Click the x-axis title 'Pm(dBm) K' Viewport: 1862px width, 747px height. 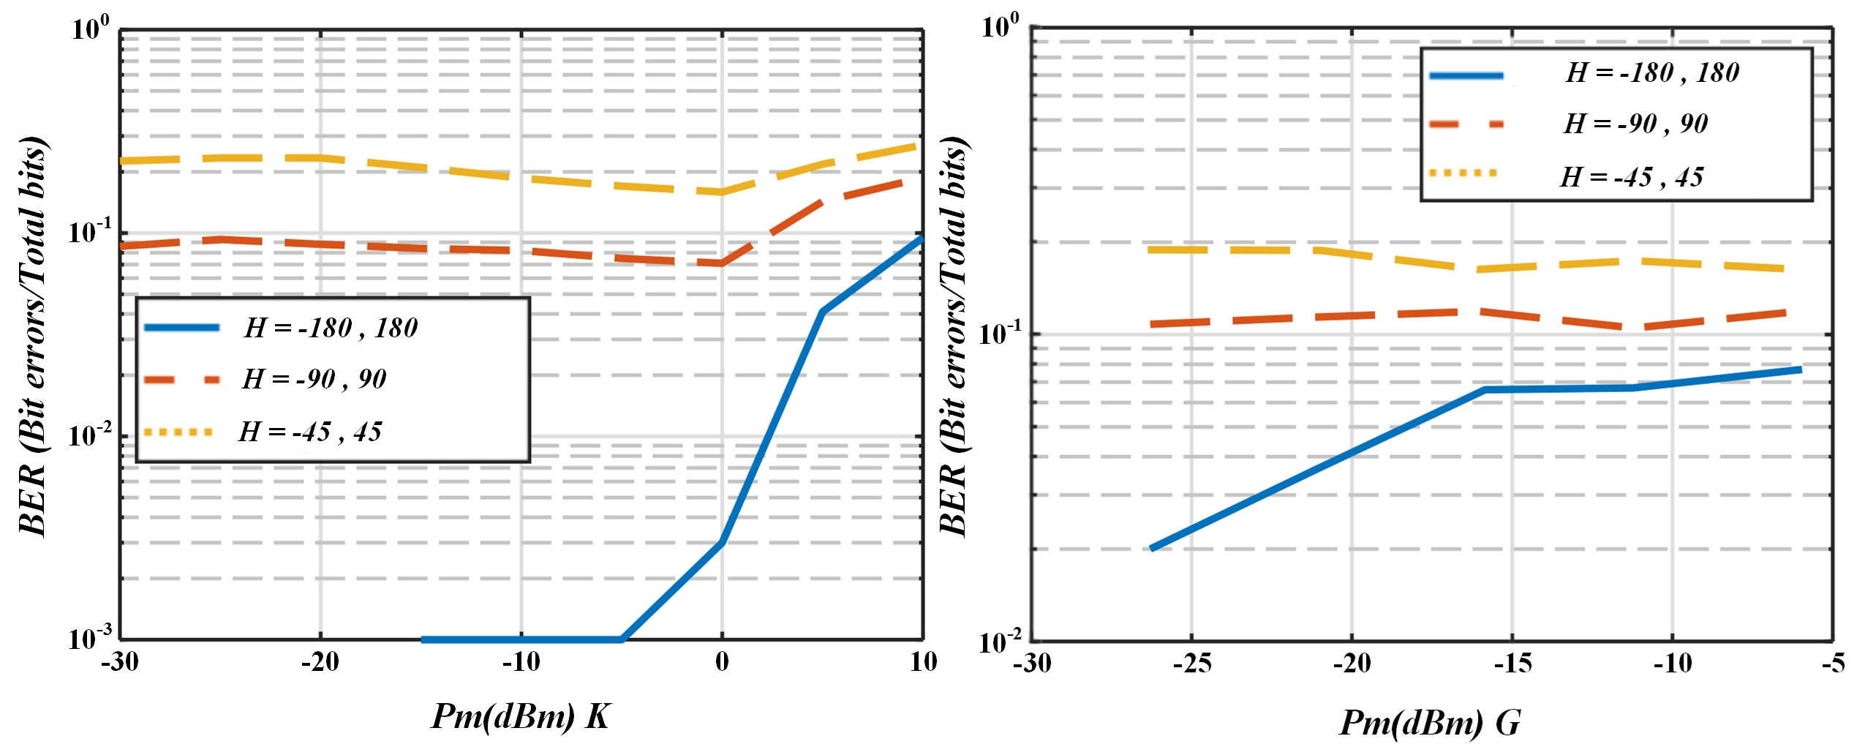tap(520, 716)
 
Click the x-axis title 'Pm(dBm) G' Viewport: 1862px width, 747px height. tap(1429, 723)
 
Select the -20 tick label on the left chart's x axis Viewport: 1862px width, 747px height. tap(320, 662)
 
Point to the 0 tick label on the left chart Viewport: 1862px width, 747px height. tap(722, 662)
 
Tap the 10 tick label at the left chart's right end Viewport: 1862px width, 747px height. tap(923, 662)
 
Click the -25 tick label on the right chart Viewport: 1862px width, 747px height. tap(1191, 664)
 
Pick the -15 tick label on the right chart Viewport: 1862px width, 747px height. tap(1512, 664)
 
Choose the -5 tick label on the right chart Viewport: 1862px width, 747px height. tap(1833, 664)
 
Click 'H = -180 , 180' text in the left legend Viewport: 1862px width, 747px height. tap(331, 328)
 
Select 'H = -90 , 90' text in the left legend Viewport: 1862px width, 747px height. tap(314, 379)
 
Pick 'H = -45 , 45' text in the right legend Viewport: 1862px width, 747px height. tap(1632, 177)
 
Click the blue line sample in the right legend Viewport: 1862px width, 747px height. tap(1466, 75)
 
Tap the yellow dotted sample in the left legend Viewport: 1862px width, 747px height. tap(178, 432)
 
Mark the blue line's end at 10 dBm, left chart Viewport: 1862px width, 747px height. tap(921, 238)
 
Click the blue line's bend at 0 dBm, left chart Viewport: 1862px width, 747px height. tap(722, 542)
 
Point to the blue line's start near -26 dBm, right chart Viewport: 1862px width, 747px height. tap(1152, 548)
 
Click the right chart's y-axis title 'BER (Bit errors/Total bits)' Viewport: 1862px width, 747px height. tap(954, 337)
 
